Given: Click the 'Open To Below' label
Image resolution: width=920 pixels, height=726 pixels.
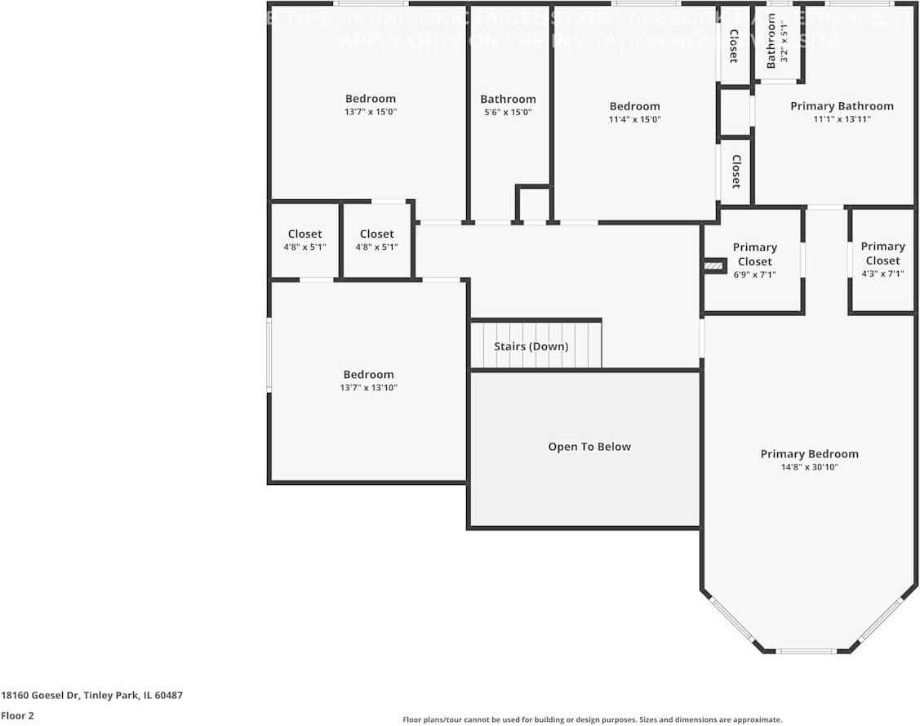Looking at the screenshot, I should pyautogui.click(x=589, y=447).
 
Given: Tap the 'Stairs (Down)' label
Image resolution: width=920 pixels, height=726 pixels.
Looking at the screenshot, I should pyautogui.click(x=531, y=346).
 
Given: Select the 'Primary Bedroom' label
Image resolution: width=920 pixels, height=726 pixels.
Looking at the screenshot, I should pyautogui.click(x=809, y=454).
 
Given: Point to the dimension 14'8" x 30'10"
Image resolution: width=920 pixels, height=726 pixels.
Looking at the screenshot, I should pyautogui.click(x=809, y=467).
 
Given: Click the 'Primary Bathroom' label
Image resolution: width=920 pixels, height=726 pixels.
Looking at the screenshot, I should pyautogui.click(x=842, y=106).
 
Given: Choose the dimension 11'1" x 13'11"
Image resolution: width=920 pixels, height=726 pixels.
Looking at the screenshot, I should pyautogui.click(x=842, y=119).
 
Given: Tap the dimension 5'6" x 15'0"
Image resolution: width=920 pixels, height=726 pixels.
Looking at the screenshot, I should pyautogui.click(x=508, y=113).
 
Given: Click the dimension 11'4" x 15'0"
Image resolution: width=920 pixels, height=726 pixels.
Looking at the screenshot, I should pyautogui.click(x=634, y=119).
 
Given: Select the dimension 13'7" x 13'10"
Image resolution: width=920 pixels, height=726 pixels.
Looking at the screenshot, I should pyautogui.click(x=368, y=388).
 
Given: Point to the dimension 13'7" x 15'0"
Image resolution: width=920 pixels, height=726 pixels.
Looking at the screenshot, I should pyautogui.click(x=370, y=112).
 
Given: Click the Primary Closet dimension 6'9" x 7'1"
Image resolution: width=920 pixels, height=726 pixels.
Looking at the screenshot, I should pyautogui.click(x=754, y=274).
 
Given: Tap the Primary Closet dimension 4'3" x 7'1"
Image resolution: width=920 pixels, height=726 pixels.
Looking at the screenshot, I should pyautogui.click(x=882, y=274).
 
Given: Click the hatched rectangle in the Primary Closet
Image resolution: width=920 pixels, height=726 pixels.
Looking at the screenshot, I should pyautogui.click(x=715, y=265).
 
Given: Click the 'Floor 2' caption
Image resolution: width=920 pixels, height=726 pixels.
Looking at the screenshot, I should pyautogui.click(x=17, y=715).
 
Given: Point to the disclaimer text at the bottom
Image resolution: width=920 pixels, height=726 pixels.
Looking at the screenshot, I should pyautogui.click(x=592, y=719).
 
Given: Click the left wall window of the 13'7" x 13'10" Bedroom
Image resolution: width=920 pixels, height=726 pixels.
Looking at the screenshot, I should pyautogui.click(x=269, y=354).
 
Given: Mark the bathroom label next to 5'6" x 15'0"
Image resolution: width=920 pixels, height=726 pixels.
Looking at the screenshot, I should pyautogui.click(x=508, y=100).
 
